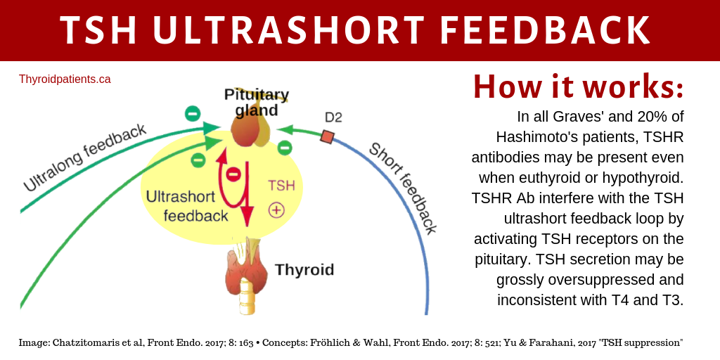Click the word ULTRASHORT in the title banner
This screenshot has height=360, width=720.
pyautogui.click(x=288, y=30)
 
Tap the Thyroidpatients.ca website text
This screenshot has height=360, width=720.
pyautogui.click(x=65, y=79)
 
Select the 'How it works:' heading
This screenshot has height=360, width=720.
pyautogui.click(x=578, y=87)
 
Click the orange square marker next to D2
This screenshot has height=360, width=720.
pyautogui.click(x=327, y=137)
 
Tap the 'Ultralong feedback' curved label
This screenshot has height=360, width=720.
pyautogui.click(x=84, y=157)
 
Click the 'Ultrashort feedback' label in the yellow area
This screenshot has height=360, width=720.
pyautogui.click(x=186, y=206)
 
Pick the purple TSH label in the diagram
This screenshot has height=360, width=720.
pyautogui.click(x=281, y=186)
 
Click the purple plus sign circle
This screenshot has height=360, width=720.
pyautogui.click(x=276, y=210)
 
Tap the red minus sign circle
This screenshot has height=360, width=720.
pyautogui.click(x=233, y=174)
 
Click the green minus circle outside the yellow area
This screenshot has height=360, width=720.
pyautogui.click(x=192, y=113)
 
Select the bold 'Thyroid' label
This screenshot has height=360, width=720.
pyautogui.click(x=304, y=269)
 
